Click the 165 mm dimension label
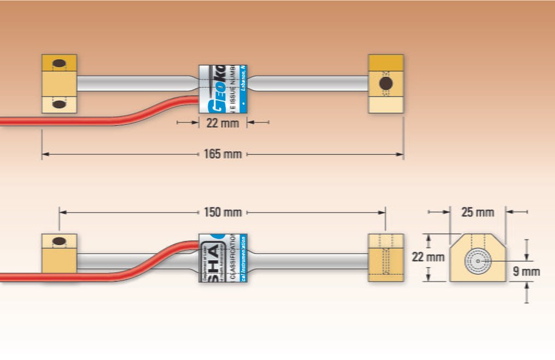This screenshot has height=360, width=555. [x=222, y=154]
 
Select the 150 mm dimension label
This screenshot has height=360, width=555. [x=222, y=212]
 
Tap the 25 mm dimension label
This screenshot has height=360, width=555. [x=478, y=212]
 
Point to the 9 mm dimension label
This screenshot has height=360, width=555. [x=526, y=271]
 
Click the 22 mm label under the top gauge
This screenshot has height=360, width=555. [x=222, y=123]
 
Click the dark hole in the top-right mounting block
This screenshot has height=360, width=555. [x=385, y=83]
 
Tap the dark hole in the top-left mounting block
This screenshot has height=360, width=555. [x=58, y=62]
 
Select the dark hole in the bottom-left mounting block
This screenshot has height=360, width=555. [x=58, y=241]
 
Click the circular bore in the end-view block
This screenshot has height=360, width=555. [x=478, y=261]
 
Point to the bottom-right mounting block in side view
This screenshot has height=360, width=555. [x=386, y=258]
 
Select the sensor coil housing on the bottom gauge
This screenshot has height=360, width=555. [x=222, y=258]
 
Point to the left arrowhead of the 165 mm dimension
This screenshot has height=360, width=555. [x=45, y=154]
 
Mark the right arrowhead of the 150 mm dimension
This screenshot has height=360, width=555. [x=382, y=212]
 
